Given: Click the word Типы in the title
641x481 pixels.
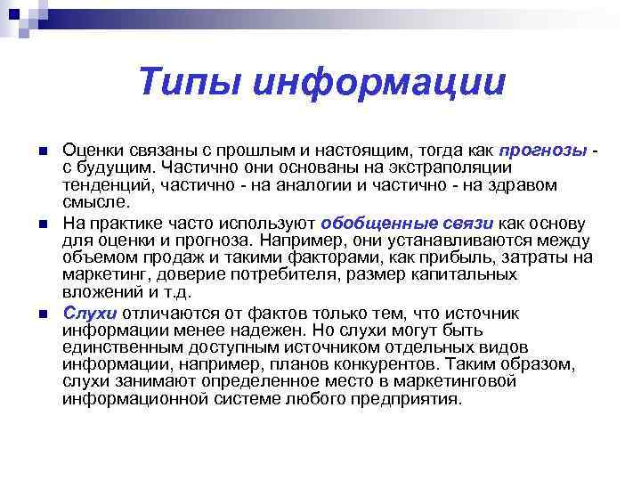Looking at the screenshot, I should click(x=188, y=83).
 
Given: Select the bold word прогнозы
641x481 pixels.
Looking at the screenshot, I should click(x=543, y=151).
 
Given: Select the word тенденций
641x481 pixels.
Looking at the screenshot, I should click(x=104, y=185).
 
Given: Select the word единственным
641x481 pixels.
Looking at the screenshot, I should click(x=121, y=347).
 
